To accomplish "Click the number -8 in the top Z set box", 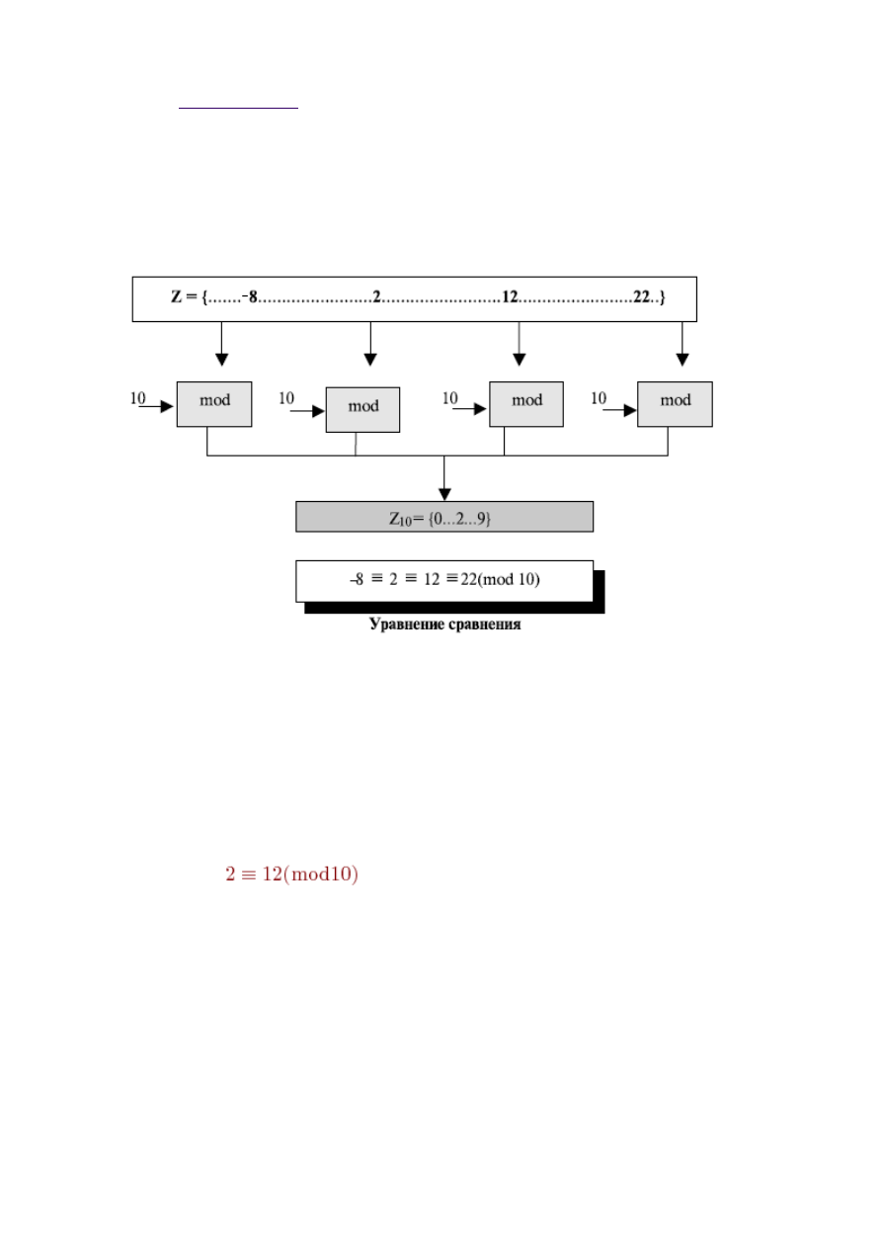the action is coord(250,297).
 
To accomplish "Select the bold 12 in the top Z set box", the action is coord(510,297).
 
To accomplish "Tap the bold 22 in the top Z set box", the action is coord(641,297).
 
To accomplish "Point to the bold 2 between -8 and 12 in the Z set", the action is coord(376,297).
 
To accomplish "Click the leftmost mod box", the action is coord(214,404).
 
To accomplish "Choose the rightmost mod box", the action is coord(675,404).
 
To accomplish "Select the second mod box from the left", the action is coord(362,409).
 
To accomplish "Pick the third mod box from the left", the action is coord(526,404).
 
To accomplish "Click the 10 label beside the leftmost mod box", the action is coord(137,398).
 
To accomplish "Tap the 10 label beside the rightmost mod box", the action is coord(599,398).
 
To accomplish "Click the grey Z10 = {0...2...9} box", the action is coord(444,517).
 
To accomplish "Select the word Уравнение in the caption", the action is coord(406,624).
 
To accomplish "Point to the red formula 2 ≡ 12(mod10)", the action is coord(291,874).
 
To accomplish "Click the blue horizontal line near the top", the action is coord(238,108).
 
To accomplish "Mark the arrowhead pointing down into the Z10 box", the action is coord(444,494).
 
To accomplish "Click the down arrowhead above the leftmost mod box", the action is coord(221,360).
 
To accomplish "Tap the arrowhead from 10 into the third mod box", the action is coord(480,409).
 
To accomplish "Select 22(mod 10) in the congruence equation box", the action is coord(500,579).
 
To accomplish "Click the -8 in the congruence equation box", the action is coord(357,579).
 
